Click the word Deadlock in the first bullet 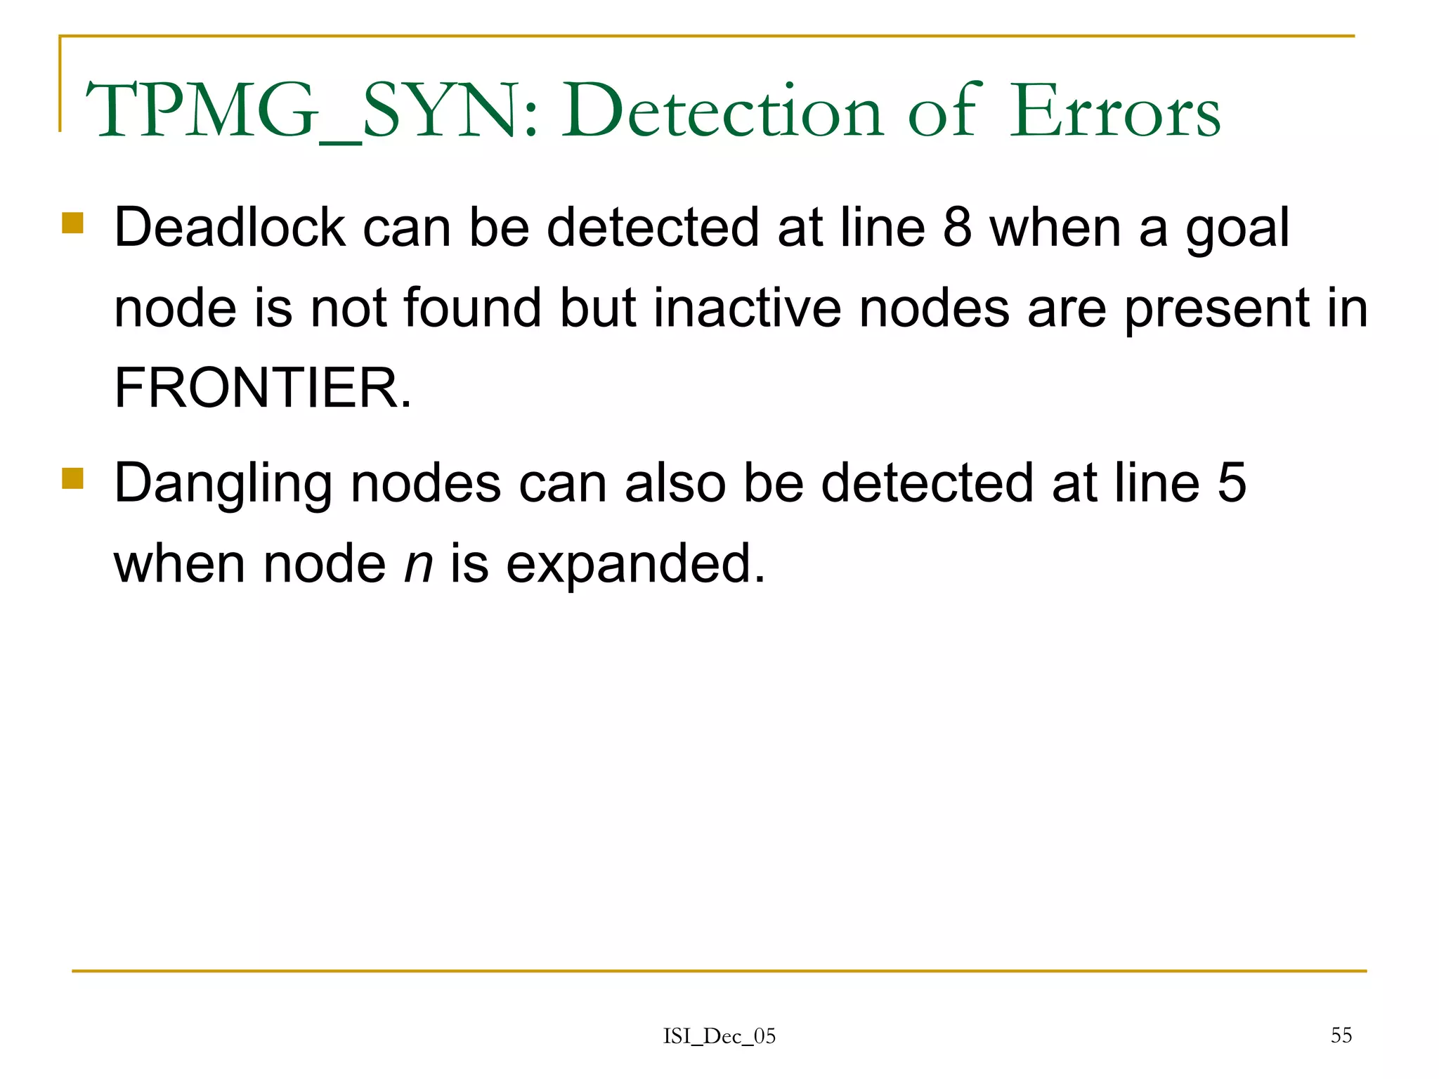(x=230, y=228)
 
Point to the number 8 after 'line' (x=957, y=228)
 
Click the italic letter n (x=418, y=564)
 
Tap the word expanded (x=635, y=564)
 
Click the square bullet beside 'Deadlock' (x=72, y=223)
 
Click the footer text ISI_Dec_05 (x=719, y=1036)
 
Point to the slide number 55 (x=1341, y=1035)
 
